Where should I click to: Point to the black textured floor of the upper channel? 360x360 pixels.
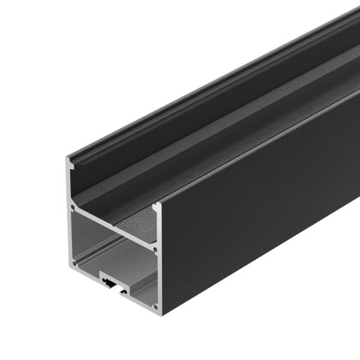[198, 162]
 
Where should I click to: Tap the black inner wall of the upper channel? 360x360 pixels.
[180, 114]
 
